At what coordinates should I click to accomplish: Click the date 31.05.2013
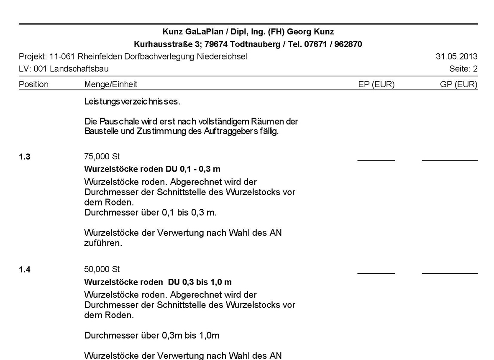[x=456, y=57]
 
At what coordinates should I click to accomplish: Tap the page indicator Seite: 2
[x=463, y=69]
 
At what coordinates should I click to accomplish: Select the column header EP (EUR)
[x=376, y=84]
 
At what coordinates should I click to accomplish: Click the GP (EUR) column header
[x=459, y=84]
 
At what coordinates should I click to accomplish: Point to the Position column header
[x=33, y=84]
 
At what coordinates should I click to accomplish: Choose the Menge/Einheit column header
[x=111, y=84]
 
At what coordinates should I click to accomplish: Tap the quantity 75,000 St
[x=102, y=157]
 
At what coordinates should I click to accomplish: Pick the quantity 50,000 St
[x=102, y=269]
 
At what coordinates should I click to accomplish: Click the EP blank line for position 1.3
[x=376, y=160]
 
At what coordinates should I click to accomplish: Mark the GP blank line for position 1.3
[x=450, y=160]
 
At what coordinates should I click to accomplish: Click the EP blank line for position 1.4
[x=376, y=273]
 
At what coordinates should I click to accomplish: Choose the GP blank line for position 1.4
[x=450, y=273]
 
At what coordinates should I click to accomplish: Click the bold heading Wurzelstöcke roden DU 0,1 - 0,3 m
[x=152, y=169]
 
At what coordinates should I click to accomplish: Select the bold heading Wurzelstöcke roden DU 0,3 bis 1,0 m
[x=158, y=282]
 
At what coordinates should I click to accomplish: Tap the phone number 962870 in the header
[x=346, y=44]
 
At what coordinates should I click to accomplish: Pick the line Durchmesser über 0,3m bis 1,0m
[x=152, y=335]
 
